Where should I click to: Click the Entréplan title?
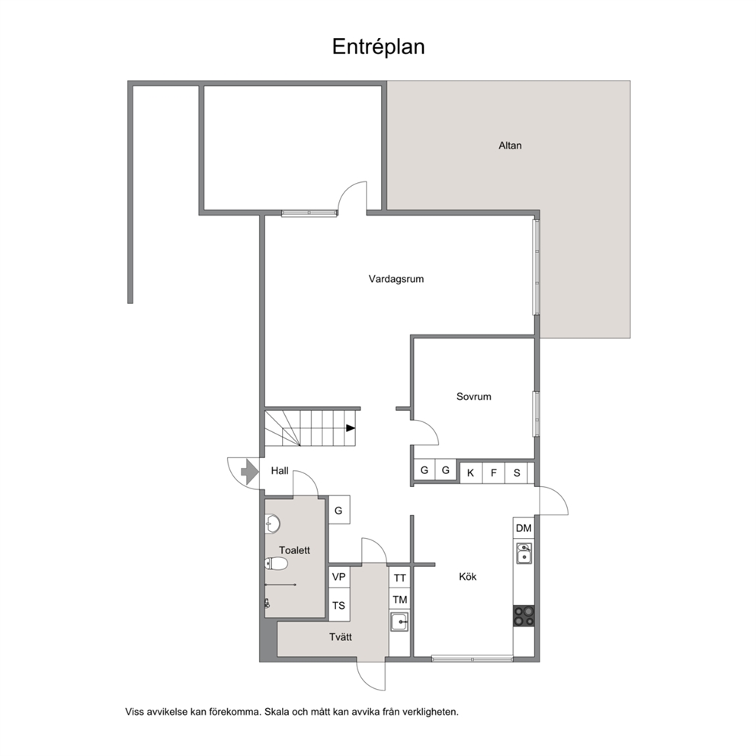379,47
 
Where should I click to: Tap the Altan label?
510,146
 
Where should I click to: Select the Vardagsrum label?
396,279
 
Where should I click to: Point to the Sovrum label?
474,397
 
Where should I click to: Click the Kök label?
468,577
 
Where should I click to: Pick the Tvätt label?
341,637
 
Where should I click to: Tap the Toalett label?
294,550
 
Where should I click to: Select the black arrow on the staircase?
351,428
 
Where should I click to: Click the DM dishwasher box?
524,528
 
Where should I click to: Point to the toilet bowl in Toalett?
277,564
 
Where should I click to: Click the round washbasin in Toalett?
273,524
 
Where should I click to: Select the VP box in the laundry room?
339,577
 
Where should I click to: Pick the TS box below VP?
339,606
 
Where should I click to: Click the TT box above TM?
399,578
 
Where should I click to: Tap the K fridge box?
470,473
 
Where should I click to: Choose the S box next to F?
517,473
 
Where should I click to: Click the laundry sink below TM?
399,622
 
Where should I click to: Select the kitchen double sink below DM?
524,553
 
